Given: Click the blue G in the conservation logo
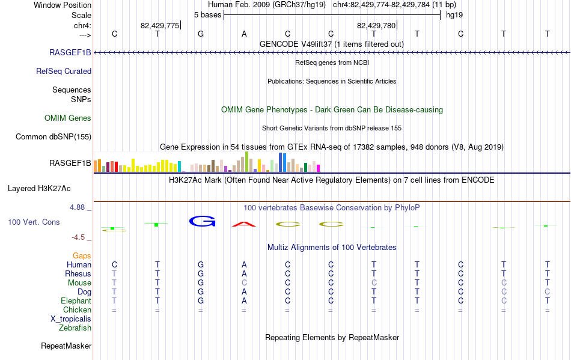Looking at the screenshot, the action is coord(202,221).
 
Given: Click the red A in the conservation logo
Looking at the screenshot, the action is coord(244,224).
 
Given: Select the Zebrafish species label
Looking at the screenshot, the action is coord(75,328).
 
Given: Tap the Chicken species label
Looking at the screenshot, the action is coord(77,310).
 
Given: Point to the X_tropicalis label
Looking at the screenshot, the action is coord(71,319).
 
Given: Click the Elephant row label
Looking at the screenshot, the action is coord(76,301).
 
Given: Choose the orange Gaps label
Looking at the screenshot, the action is coord(82,256).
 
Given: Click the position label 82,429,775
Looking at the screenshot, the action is coord(160,25).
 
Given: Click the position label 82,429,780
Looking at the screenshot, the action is coord(376,25).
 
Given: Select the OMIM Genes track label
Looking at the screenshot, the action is coord(68,118).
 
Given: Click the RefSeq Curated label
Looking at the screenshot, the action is coord(64,72).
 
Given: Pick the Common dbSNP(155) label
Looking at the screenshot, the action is coord(53,137).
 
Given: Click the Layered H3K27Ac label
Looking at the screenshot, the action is coord(39,189).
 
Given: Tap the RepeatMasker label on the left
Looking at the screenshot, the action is coord(66,346).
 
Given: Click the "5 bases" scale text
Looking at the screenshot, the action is coord(207,15).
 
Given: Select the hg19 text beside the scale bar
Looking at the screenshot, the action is coord(454,15).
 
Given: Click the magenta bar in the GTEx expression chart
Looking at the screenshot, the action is coord(318,168).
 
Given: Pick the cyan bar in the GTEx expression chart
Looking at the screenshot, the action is coord(179,166).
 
